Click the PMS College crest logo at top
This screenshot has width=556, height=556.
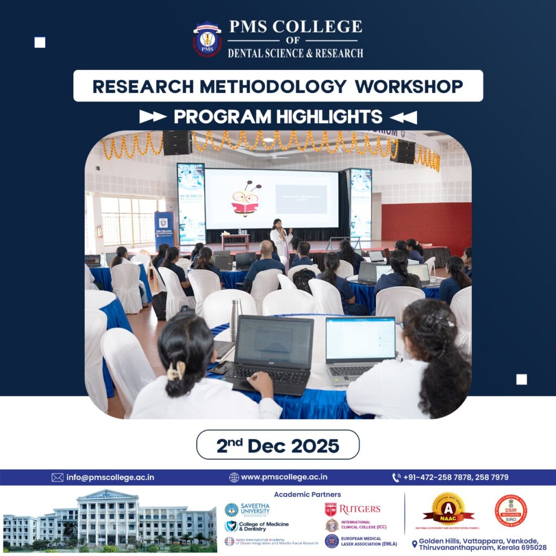pos(207,39)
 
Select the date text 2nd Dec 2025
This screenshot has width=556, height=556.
pos(277,445)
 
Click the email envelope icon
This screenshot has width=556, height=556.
pos(58,477)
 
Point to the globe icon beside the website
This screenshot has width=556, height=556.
pos(234,477)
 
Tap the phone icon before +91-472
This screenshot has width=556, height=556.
pos(396,477)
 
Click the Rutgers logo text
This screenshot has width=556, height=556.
pos(359,509)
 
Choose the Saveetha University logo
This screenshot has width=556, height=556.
pos(247,509)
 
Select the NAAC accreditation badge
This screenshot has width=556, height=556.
pos(448,509)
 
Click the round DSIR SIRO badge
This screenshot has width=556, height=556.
pos(510,510)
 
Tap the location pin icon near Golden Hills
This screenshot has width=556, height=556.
pos(414,544)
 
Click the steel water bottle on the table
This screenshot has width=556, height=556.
pos(236,320)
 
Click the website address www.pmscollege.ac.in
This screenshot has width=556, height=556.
pos(284,477)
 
